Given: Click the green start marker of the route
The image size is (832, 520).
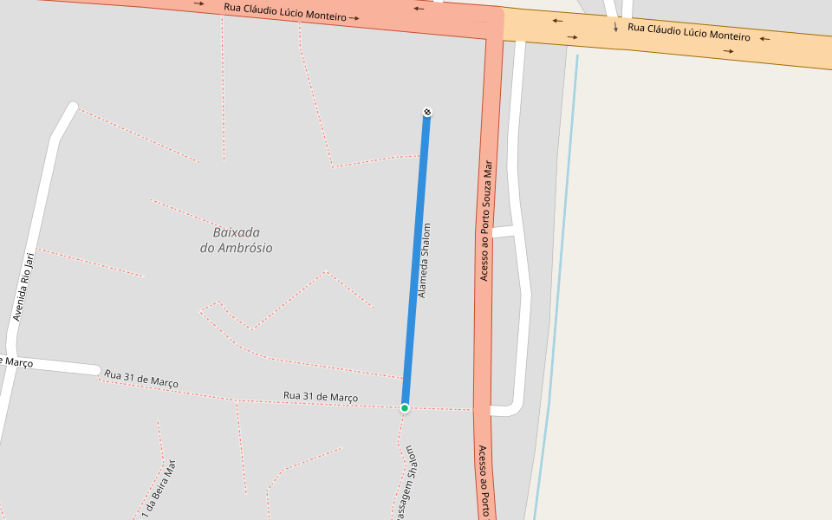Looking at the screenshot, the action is (405, 407).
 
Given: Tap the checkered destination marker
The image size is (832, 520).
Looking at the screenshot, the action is (426, 112).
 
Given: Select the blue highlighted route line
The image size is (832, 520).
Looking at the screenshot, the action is (416, 260).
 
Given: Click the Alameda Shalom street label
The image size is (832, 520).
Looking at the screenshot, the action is (424, 261).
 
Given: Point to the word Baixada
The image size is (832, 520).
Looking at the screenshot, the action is (237, 232).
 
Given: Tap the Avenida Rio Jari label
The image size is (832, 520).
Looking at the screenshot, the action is (24, 287).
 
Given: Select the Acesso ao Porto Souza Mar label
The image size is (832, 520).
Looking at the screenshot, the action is (485, 220).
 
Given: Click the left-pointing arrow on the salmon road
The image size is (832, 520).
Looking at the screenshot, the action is (419, 9).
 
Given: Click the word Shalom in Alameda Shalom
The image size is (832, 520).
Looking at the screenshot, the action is (426, 239).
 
